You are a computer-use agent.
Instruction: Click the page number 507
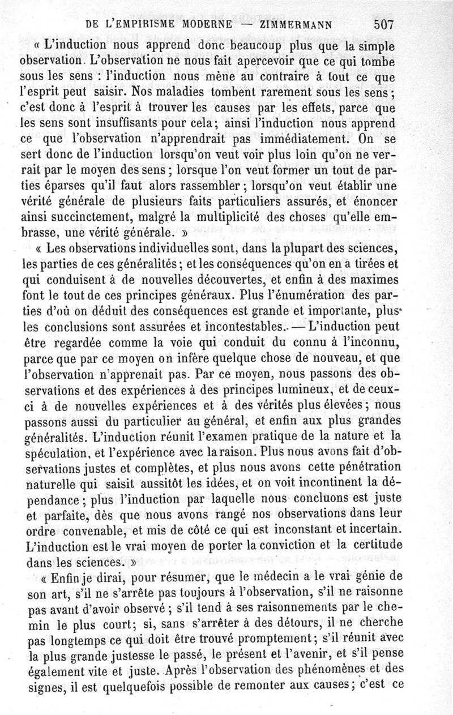coord(383,24)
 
